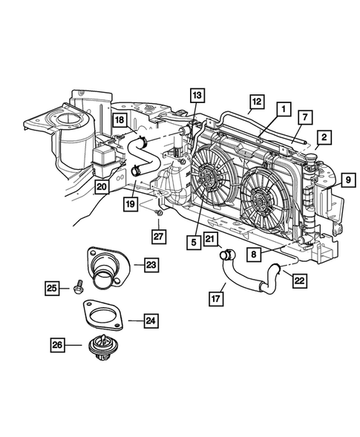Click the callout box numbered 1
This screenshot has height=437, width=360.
pyautogui.click(x=282, y=108)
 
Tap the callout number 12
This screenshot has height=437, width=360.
pyautogui.click(x=256, y=100)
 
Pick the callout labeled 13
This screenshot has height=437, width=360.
pyautogui.click(x=195, y=95)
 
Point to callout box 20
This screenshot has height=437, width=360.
pyautogui.click(x=101, y=188)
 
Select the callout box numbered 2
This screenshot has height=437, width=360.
pyautogui.click(x=324, y=139)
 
